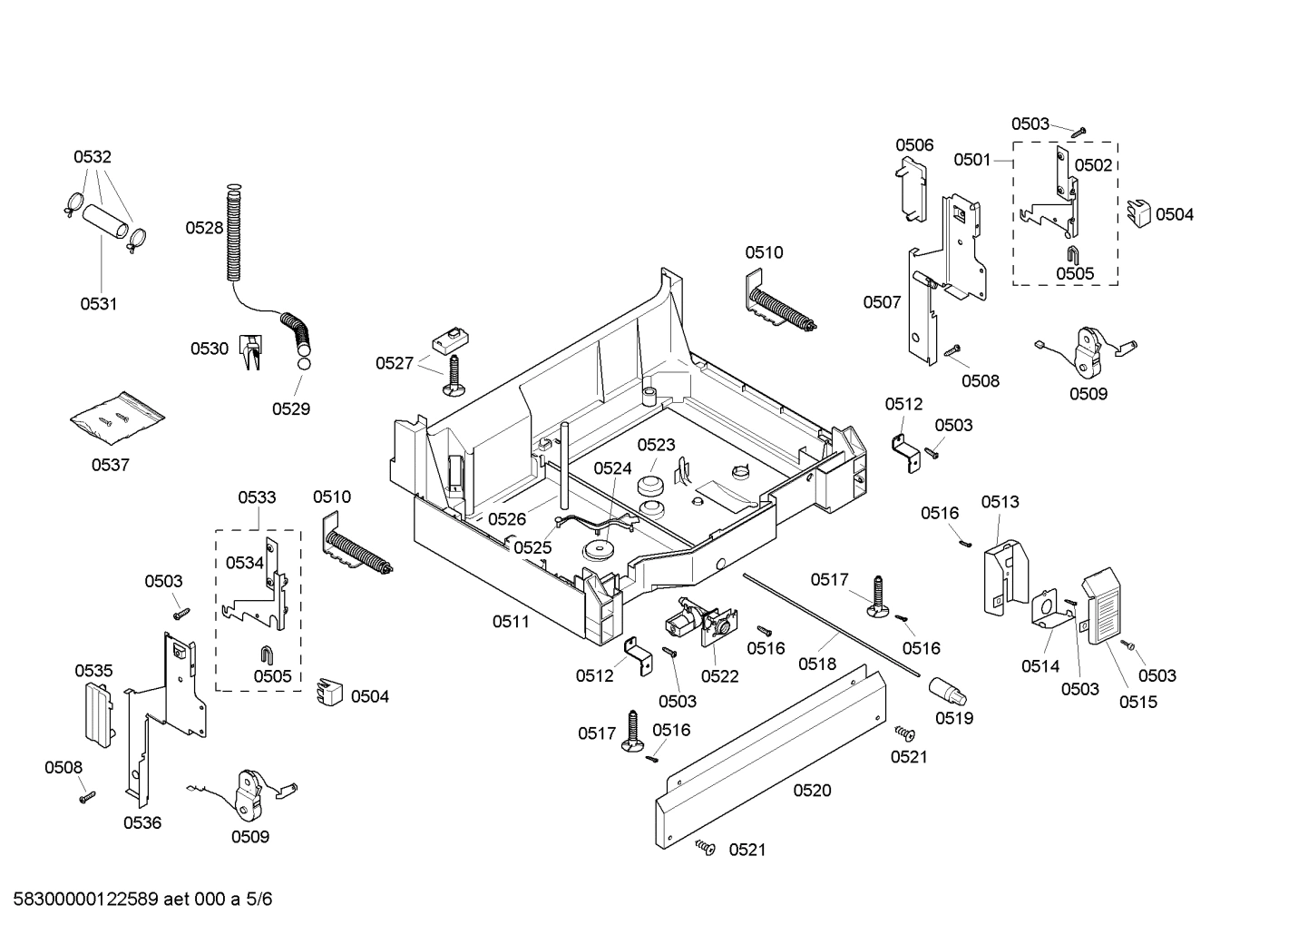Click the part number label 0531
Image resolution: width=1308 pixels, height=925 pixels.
pyautogui.click(x=98, y=304)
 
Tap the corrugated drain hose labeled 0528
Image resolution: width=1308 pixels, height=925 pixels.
pyautogui.click(x=233, y=236)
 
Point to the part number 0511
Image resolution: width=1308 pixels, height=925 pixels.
pyautogui.click(x=511, y=622)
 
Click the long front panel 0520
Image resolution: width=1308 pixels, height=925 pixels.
pyautogui.click(x=771, y=753)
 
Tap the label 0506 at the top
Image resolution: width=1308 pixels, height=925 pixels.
pyautogui.click(x=914, y=145)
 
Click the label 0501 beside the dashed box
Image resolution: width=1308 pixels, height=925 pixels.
pyautogui.click(x=971, y=161)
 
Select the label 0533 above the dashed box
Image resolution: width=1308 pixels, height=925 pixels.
pyautogui.click(x=257, y=497)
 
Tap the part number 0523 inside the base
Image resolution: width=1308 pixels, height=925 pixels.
pyautogui.click(x=656, y=445)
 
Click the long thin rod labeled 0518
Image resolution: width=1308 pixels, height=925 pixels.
pyautogui.click(x=835, y=626)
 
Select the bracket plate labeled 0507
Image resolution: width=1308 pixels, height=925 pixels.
pyautogui.click(x=922, y=309)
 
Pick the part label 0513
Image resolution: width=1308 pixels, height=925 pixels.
pyautogui.click(x=1000, y=502)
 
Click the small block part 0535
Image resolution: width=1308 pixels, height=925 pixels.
pyautogui.click(x=97, y=713)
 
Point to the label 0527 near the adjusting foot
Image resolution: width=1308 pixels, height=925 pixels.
pyautogui.click(x=395, y=363)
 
